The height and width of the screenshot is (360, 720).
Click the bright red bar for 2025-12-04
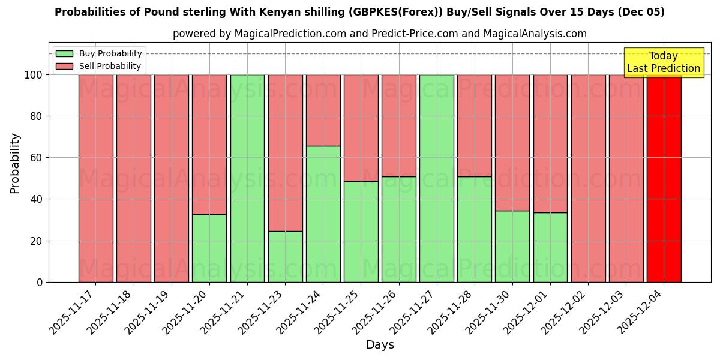click(664, 178)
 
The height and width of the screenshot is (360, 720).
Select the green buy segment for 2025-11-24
click(323, 214)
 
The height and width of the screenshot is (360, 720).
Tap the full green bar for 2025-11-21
click(247, 178)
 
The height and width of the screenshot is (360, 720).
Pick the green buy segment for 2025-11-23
click(285, 256)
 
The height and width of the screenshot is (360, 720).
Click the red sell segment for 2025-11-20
click(209, 144)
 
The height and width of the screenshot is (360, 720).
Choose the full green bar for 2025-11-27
click(436, 178)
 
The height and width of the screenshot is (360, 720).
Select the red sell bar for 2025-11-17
click(95, 178)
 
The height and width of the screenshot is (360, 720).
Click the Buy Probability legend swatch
click(64, 54)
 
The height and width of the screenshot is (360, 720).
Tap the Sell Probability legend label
click(110, 67)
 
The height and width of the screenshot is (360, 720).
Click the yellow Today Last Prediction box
click(663, 62)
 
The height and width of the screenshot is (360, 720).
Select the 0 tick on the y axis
click(40, 282)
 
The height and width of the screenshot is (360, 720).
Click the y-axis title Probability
click(15, 163)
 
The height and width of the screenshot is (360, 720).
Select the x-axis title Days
click(380, 345)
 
